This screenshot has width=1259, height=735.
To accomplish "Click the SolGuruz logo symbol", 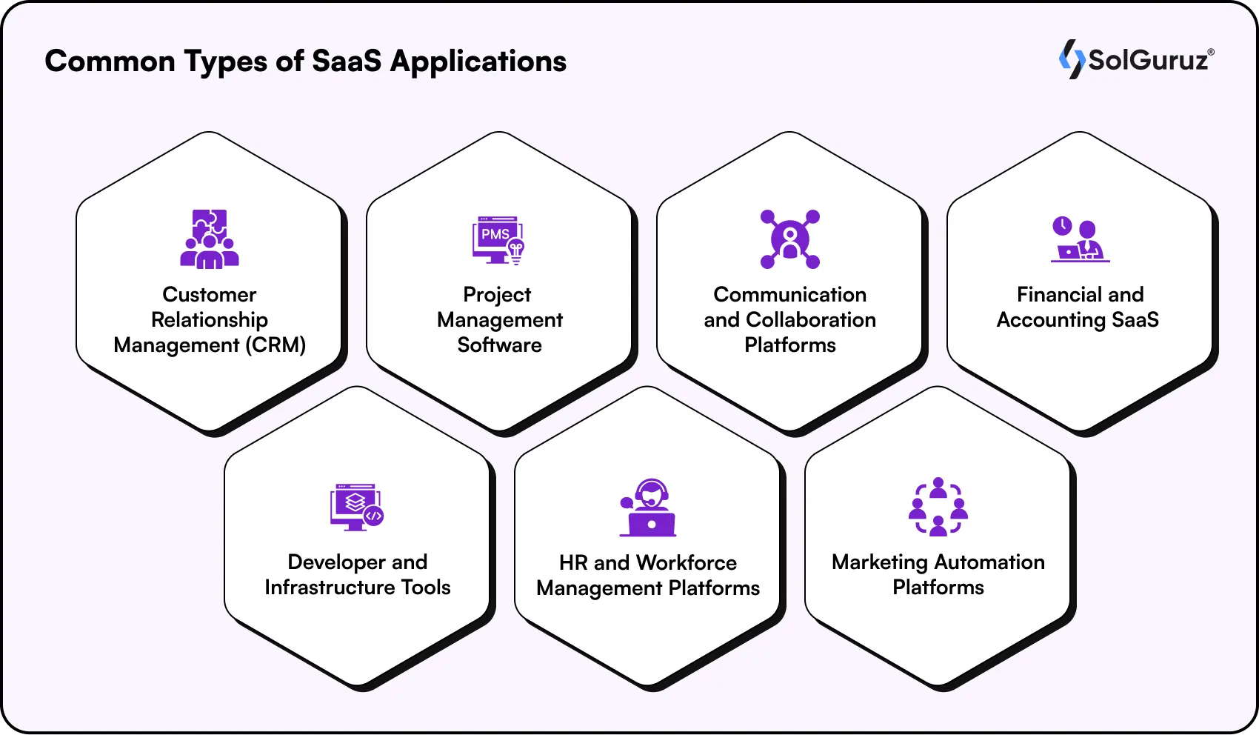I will point(1072,59).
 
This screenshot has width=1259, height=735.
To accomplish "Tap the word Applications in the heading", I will point(478,61).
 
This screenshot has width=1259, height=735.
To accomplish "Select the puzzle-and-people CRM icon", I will point(210,239).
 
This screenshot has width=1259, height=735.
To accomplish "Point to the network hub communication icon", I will point(790,239).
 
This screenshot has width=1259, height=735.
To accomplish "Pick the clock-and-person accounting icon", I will point(1080,239).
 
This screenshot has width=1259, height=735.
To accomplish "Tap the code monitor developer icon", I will point(356,507).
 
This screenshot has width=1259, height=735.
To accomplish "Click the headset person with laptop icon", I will point(648,508).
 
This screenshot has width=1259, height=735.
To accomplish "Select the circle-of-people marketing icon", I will point(938,507).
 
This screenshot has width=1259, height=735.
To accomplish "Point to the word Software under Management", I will point(499,345).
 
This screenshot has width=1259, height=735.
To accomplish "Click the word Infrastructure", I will point(330,588).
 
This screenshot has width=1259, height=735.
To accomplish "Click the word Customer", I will point(210,295).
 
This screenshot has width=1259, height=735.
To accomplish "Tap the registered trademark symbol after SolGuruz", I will point(1211,52).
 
